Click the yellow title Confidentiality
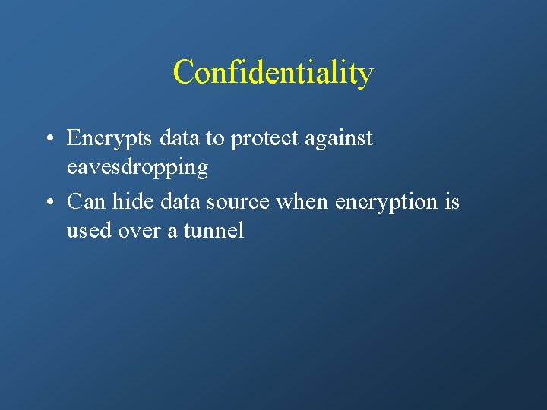click(x=273, y=73)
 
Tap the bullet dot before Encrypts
click(x=48, y=139)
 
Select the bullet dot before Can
click(x=48, y=203)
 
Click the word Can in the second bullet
click(x=87, y=202)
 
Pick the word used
click(x=89, y=230)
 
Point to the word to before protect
click(x=217, y=139)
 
